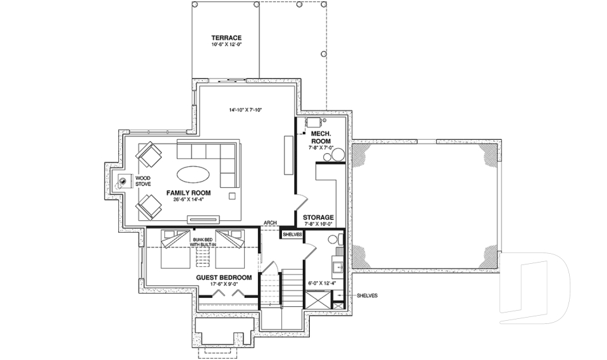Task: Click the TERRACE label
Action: point(227,38)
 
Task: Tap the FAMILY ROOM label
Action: point(188,192)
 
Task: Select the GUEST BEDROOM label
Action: point(224,278)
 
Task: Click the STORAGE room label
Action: point(318,217)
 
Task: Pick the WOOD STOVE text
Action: point(143,182)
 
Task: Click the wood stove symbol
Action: point(121,182)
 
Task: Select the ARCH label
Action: point(270,223)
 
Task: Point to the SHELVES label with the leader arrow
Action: point(367,295)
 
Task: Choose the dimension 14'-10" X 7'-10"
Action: point(245,110)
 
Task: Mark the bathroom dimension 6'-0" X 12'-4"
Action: point(321,283)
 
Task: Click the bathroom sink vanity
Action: point(338,266)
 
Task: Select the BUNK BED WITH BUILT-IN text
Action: point(205,242)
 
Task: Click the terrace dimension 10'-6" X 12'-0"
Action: point(227,46)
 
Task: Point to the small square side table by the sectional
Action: point(231,195)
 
